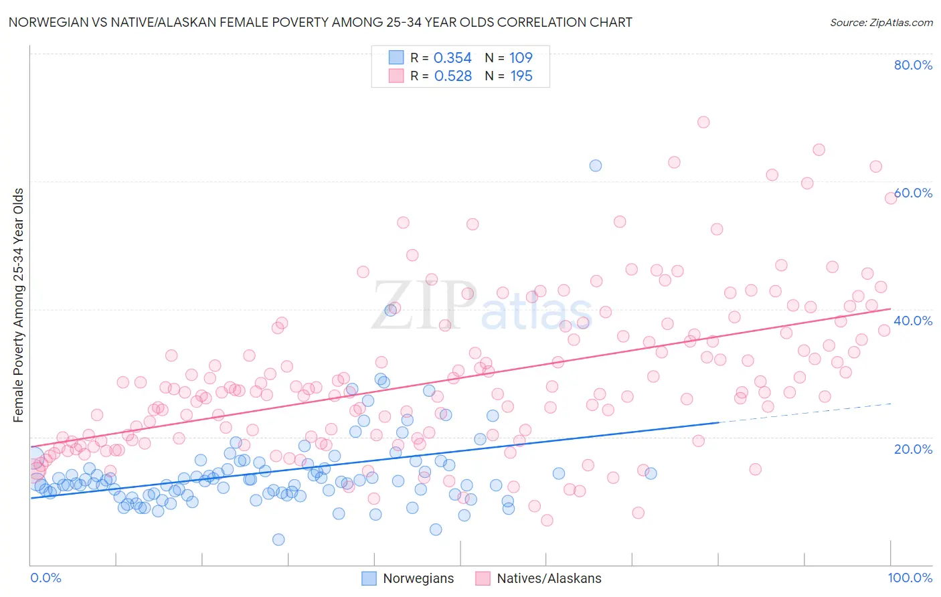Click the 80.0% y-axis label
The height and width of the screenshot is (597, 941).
913,65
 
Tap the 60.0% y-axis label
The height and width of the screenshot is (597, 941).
913,193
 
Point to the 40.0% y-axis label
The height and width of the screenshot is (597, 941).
913,321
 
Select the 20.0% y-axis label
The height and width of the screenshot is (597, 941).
913,448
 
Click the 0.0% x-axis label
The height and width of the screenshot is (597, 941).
46,578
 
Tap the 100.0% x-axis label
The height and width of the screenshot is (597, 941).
910,578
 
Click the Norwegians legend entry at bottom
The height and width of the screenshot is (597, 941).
418,578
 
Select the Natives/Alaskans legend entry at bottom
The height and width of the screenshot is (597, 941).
549,578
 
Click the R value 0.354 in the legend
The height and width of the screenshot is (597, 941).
452,58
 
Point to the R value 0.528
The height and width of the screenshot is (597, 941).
452,76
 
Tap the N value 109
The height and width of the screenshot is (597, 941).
521,58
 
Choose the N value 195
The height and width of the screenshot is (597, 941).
521,76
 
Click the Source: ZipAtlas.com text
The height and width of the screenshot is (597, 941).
881,22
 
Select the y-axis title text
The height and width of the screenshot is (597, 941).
19,305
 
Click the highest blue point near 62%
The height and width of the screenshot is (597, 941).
595,165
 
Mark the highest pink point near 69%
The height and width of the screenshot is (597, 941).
703,122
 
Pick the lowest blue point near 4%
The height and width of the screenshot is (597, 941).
278,539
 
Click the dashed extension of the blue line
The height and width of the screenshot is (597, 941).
803,413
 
